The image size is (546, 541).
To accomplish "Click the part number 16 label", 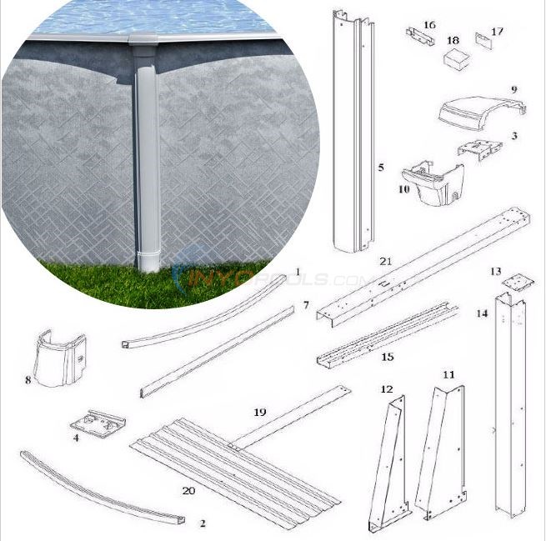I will click(429, 25).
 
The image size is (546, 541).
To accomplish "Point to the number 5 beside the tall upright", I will click(381, 168).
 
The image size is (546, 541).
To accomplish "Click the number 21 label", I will click(385, 261).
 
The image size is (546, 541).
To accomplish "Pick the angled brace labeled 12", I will click(387, 463).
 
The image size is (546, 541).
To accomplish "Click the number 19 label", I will click(259, 412).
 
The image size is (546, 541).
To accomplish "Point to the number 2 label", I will click(202, 523).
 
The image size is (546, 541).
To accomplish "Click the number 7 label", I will click(306, 305).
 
